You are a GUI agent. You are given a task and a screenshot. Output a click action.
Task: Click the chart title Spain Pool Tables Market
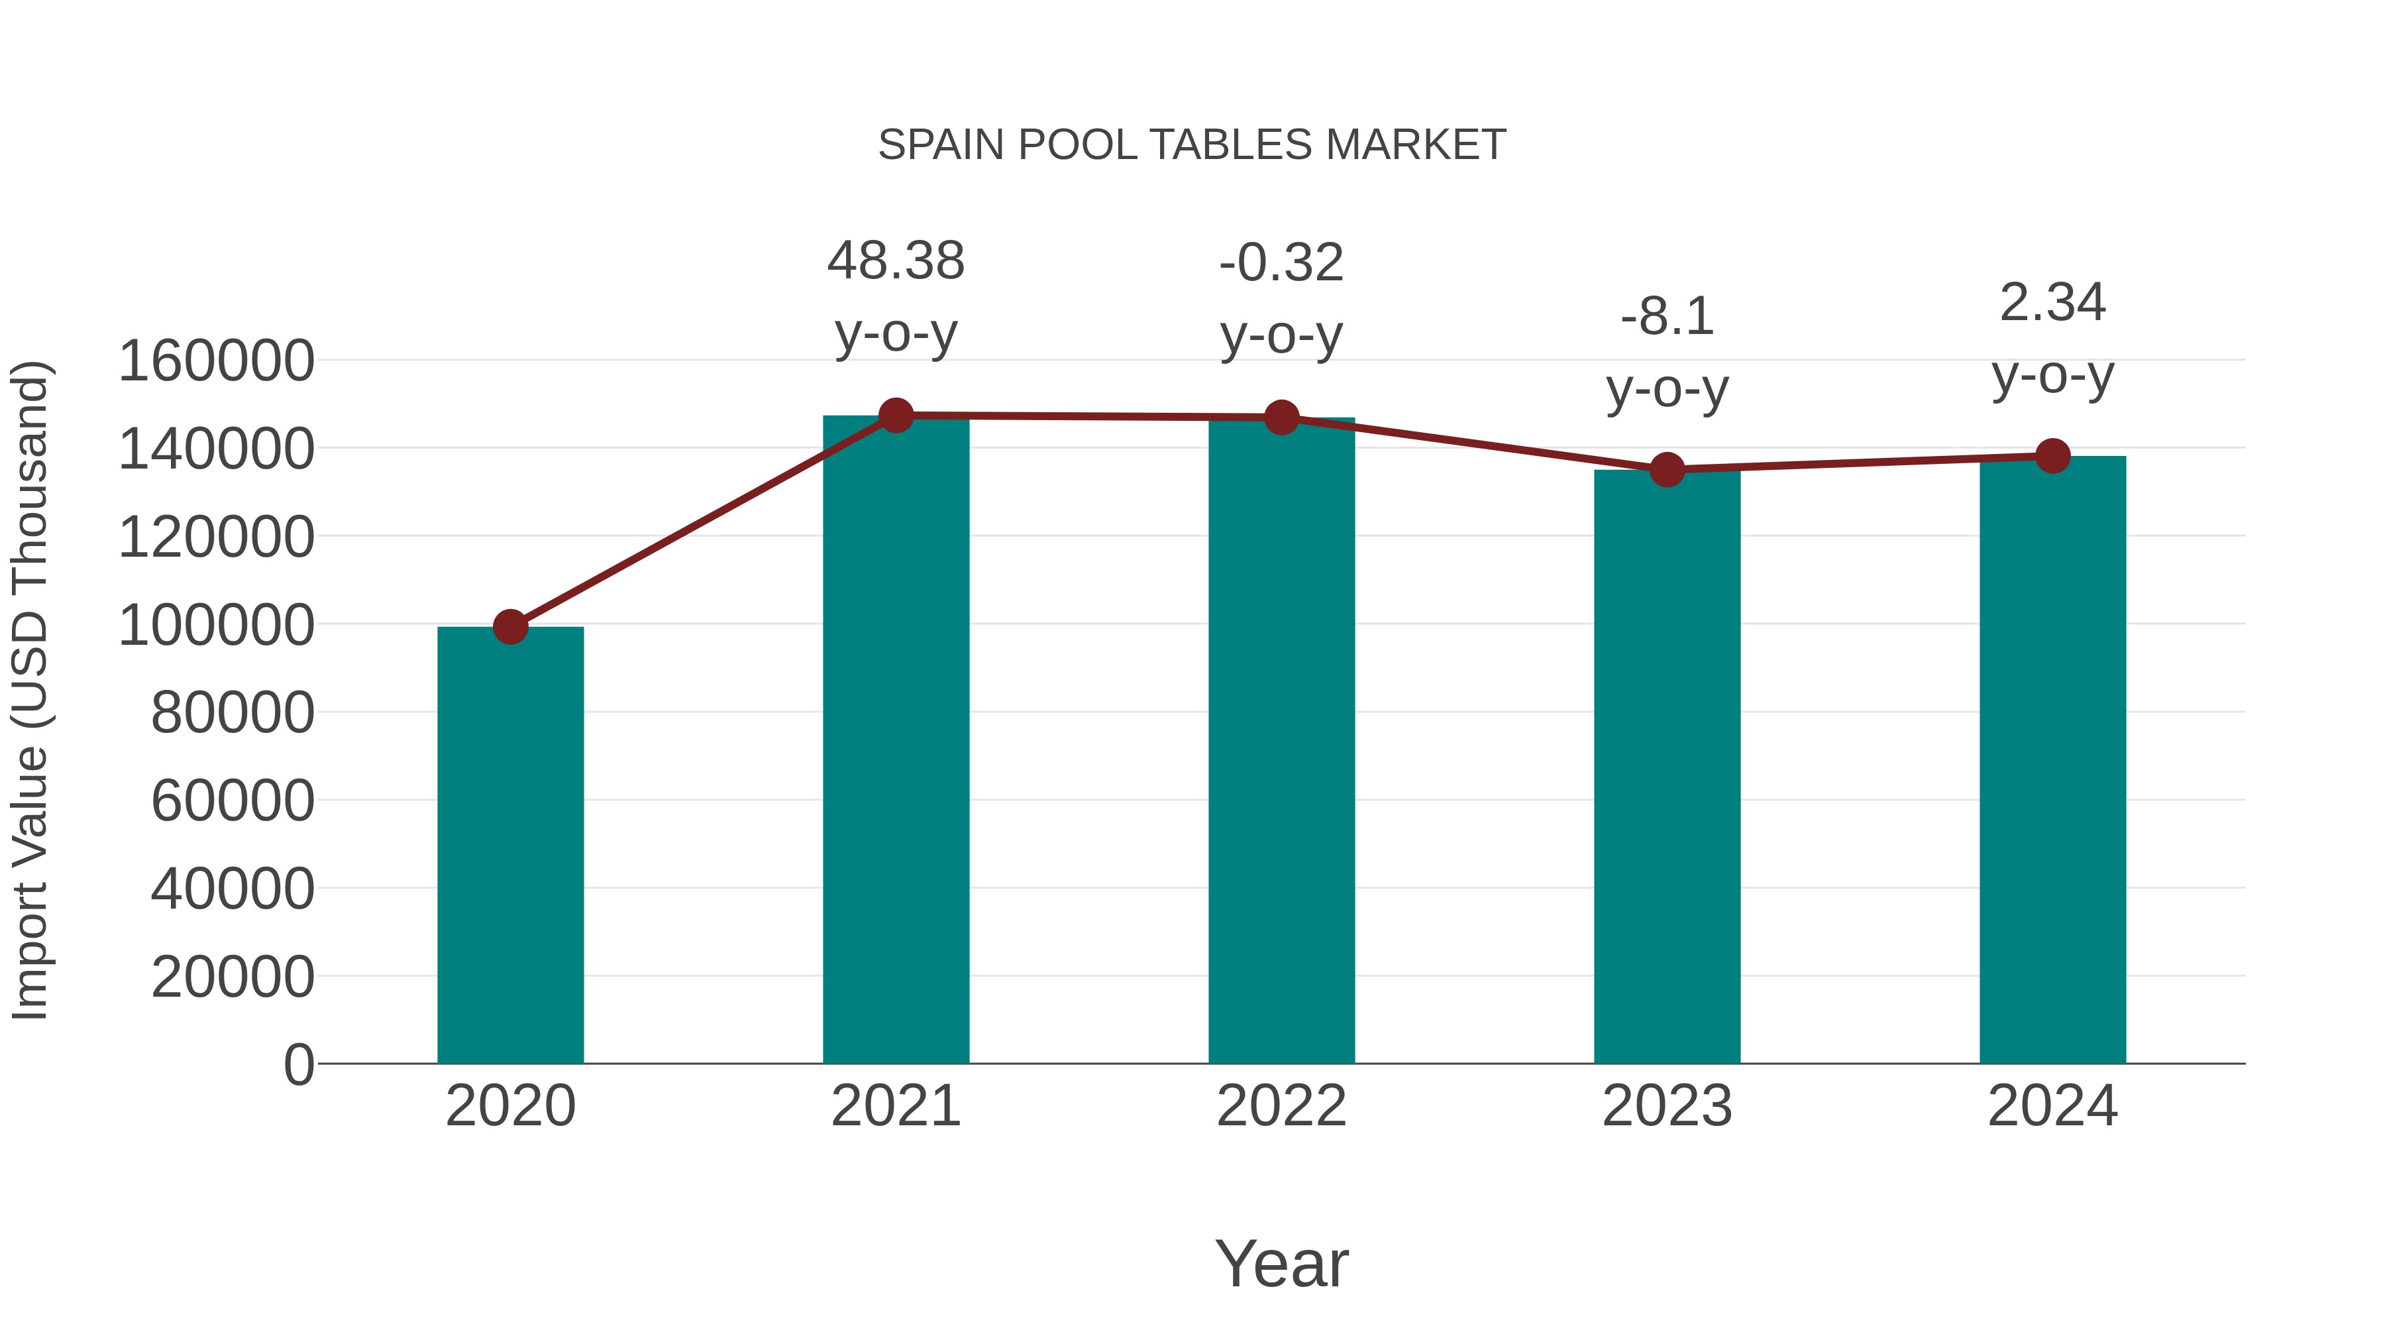[x=1192, y=145]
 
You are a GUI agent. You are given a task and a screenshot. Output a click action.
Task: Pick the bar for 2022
[x=1281, y=740]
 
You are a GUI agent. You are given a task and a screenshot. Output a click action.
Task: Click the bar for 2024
[x=2052, y=759]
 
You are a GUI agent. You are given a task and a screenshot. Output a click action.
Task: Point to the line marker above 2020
[x=510, y=627]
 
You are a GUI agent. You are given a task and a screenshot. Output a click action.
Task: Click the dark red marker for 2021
[x=895, y=416]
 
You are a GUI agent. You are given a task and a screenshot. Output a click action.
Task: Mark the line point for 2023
[x=1667, y=471]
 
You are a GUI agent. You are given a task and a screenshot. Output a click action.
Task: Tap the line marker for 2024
[x=2052, y=456]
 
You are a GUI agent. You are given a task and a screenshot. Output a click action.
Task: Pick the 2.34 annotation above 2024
[x=2052, y=302]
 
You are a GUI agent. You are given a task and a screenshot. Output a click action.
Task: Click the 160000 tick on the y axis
[x=217, y=361]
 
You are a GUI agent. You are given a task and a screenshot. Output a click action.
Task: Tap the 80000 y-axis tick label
[x=233, y=712]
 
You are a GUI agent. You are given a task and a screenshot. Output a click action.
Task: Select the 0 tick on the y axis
[x=298, y=1064]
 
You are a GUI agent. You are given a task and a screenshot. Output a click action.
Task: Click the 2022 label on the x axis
[x=1281, y=1106]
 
